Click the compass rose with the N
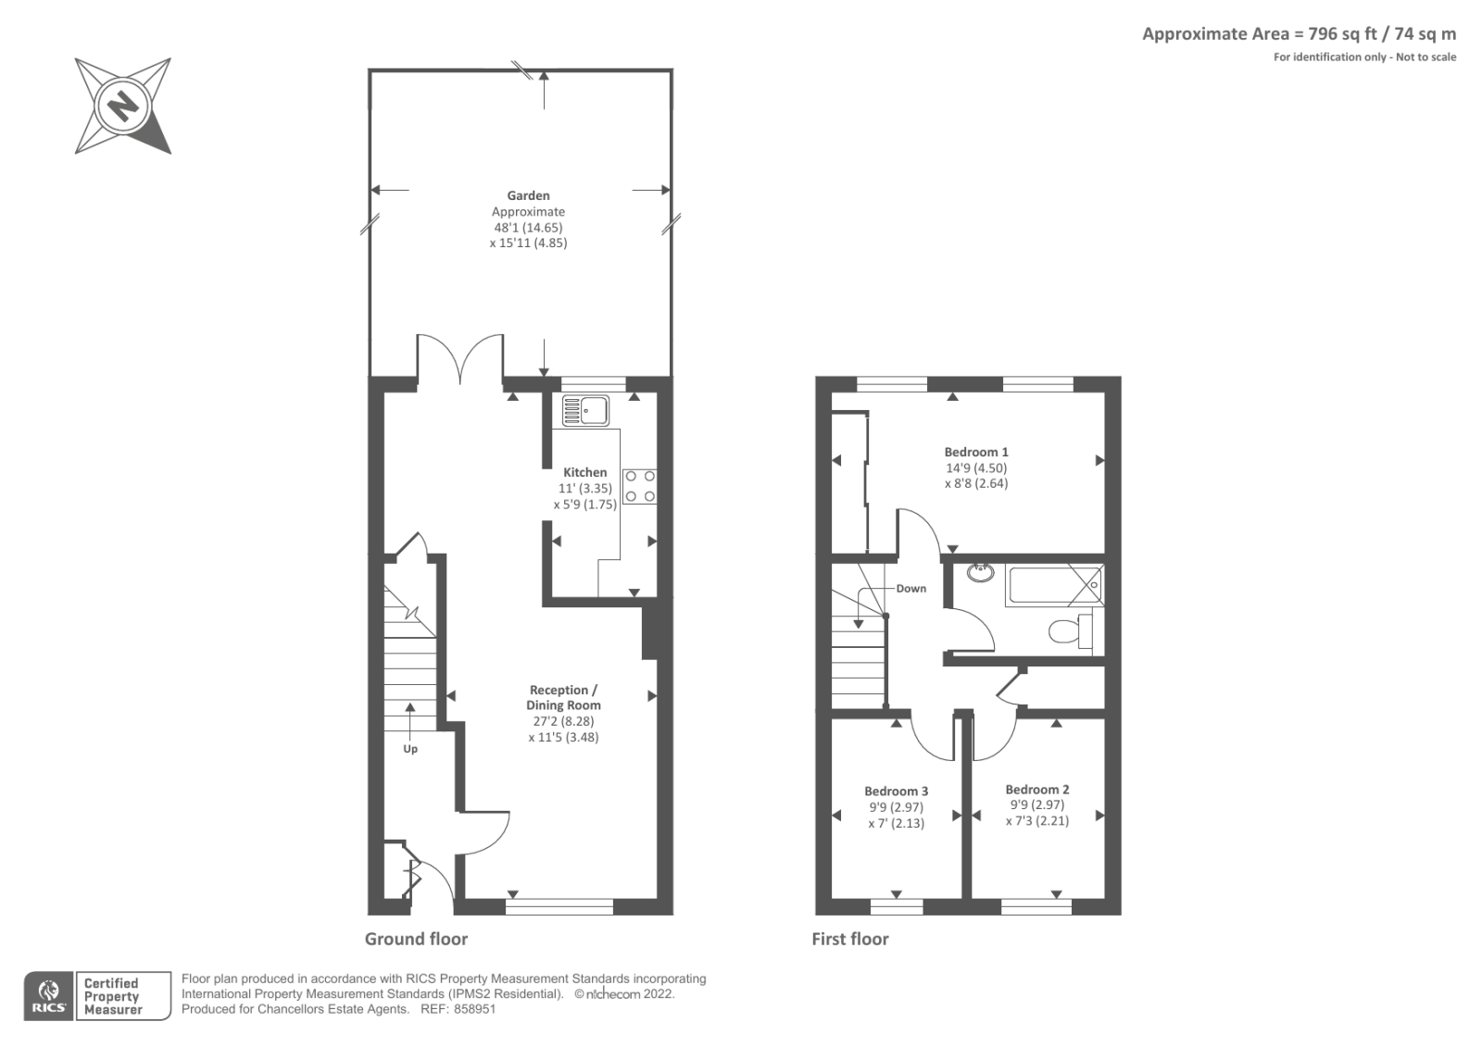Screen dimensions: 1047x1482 coord(122,106)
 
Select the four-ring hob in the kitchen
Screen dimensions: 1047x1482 coord(639,486)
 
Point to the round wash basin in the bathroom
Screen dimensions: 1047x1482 coord(980,572)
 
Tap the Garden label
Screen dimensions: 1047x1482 coord(528,195)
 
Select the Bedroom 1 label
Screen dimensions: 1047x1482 coord(976,452)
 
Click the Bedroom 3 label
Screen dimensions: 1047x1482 coord(896,791)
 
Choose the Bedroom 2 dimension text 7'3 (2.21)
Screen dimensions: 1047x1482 coord(1036,821)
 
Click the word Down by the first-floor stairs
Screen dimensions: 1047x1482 coord(911,589)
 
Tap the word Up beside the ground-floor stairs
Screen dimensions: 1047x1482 coord(410,748)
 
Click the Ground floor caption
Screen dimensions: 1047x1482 coord(416,939)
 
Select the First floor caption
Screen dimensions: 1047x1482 coord(849,939)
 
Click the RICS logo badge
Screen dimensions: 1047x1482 coord(49,996)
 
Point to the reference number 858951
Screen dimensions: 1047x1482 coord(475,1009)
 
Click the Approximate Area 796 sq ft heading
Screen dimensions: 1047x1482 coord(1298,34)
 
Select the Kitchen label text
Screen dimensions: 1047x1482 coord(585,472)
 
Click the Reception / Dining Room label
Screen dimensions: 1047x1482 coord(563,697)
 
